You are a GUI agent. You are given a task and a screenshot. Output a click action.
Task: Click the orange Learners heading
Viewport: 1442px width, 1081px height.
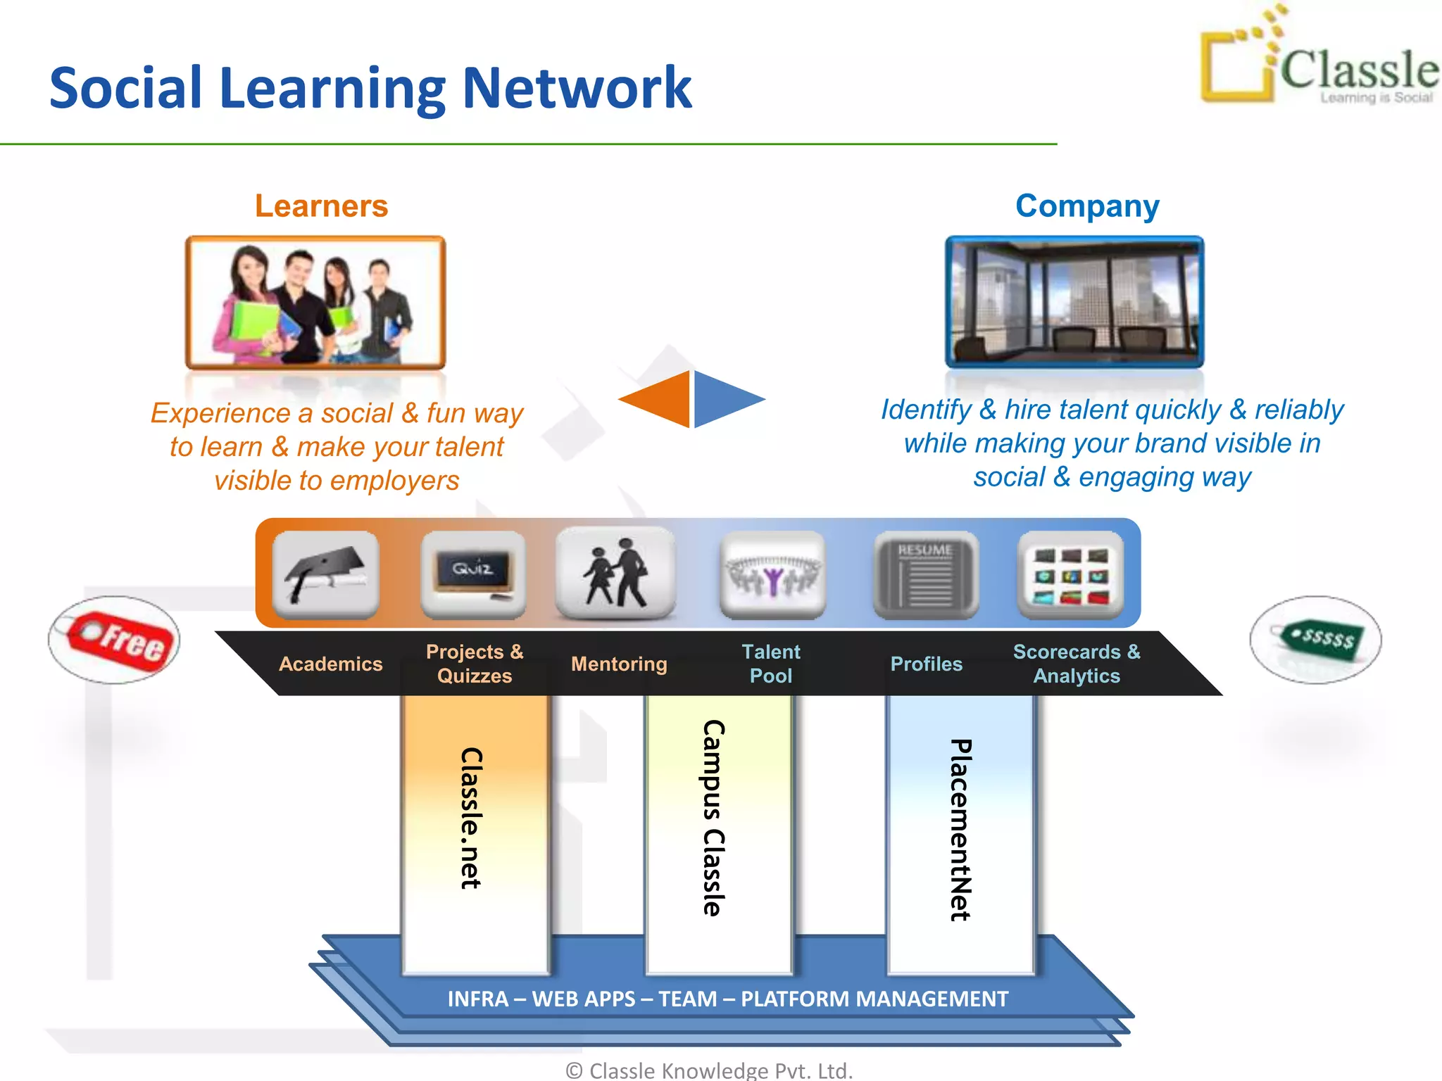[x=321, y=206]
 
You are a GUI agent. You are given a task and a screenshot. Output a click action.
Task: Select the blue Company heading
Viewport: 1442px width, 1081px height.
[x=1086, y=206]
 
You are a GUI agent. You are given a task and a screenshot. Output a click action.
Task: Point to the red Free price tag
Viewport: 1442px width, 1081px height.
[x=116, y=639]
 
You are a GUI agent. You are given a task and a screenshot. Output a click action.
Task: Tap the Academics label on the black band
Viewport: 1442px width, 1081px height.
[x=330, y=664]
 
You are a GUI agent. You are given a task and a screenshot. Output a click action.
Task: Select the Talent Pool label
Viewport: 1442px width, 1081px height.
[x=770, y=664]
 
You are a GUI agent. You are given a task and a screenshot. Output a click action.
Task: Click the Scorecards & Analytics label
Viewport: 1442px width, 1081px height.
[x=1076, y=664]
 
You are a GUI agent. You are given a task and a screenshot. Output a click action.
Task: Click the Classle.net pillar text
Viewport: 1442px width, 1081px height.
[x=471, y=818]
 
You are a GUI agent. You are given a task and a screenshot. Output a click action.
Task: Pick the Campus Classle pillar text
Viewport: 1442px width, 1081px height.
[x=713, y=818]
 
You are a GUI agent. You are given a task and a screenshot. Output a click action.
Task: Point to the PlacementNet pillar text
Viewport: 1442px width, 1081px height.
[x=960, y=829]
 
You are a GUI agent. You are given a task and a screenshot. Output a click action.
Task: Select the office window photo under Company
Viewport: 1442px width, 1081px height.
[x=1074, y=301]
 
